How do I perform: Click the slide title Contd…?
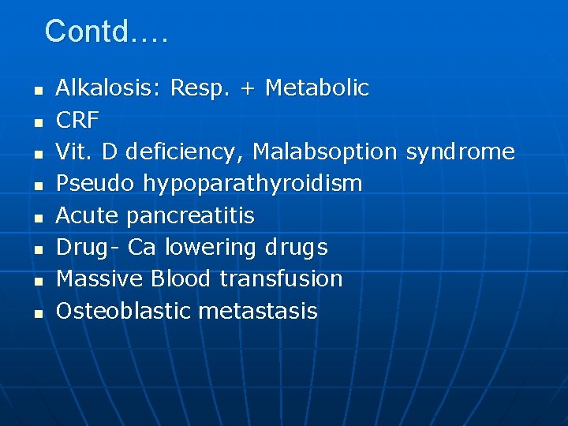(106, 32)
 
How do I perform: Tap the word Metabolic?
(317, 88)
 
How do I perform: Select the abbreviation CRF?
(77, 120)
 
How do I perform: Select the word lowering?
(210, 248)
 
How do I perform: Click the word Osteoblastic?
(124, 311)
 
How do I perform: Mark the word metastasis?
(258, 311)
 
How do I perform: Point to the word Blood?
(181, 278)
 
